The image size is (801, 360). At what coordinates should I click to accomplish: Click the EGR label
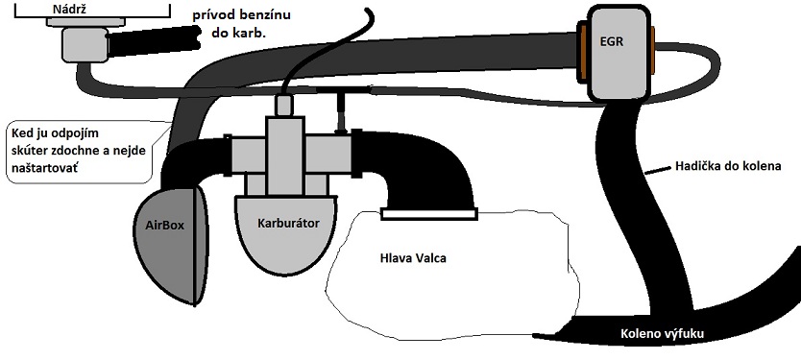611,41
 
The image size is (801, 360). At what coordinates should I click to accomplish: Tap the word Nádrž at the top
69,9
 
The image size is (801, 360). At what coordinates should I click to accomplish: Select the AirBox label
164,226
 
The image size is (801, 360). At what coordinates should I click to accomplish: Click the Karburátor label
289,223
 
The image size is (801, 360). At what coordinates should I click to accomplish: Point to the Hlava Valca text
413,258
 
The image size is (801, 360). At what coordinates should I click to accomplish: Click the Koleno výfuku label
662,334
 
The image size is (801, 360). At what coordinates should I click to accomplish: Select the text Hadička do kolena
728,166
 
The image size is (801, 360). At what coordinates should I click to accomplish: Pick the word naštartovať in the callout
44,168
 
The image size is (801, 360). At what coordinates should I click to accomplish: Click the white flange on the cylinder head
429,214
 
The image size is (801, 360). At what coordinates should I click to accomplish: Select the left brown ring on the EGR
582,52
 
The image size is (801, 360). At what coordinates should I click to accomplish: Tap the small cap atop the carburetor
283,106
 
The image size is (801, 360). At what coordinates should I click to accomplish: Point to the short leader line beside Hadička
657,170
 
